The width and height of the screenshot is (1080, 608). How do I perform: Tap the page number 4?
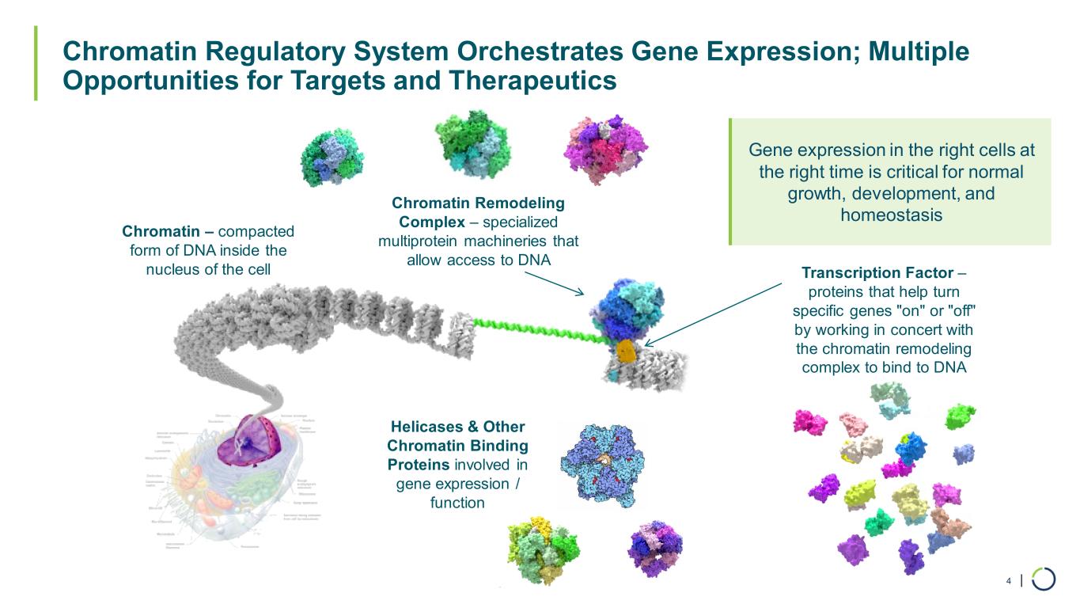pos(1008,581)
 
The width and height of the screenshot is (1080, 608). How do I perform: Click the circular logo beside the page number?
pos(1043,579)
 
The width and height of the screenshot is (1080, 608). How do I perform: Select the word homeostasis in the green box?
pos(891,215)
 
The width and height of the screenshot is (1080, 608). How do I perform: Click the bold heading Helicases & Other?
pos(457,427)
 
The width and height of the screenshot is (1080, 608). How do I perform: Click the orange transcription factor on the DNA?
pos(626,351)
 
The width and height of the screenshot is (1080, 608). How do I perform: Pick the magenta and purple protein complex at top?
pos(605,146)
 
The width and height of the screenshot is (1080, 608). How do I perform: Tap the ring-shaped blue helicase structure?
pos(601,463)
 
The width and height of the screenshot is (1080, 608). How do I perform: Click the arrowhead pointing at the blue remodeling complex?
pos(580,293)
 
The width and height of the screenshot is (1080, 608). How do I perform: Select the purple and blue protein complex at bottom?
pos(654,547)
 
